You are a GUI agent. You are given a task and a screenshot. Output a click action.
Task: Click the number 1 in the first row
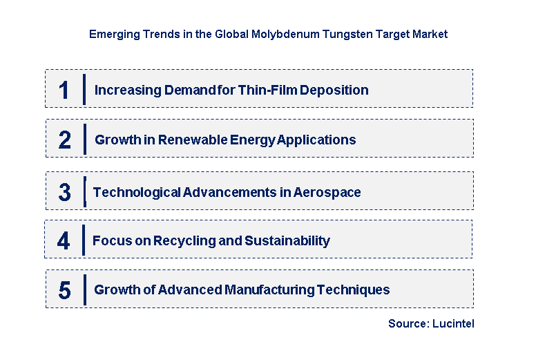pos(64,91)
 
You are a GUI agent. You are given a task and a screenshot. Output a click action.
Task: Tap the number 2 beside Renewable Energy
pos(65,140)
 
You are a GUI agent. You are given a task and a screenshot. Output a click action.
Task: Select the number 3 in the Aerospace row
pos(64,193)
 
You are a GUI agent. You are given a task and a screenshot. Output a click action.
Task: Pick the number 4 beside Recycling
pos(64,241)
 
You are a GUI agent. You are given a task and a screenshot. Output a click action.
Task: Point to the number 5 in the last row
pos(64,290)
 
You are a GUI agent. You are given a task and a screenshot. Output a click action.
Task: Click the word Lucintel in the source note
pos(452,323)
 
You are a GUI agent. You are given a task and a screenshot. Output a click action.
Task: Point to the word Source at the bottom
pos(406,323)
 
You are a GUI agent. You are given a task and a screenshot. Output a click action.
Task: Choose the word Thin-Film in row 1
pos(267,90)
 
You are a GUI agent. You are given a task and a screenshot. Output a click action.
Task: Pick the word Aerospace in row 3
pos(327,192)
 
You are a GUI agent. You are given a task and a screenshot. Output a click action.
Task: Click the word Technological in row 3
pos(137,192)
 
